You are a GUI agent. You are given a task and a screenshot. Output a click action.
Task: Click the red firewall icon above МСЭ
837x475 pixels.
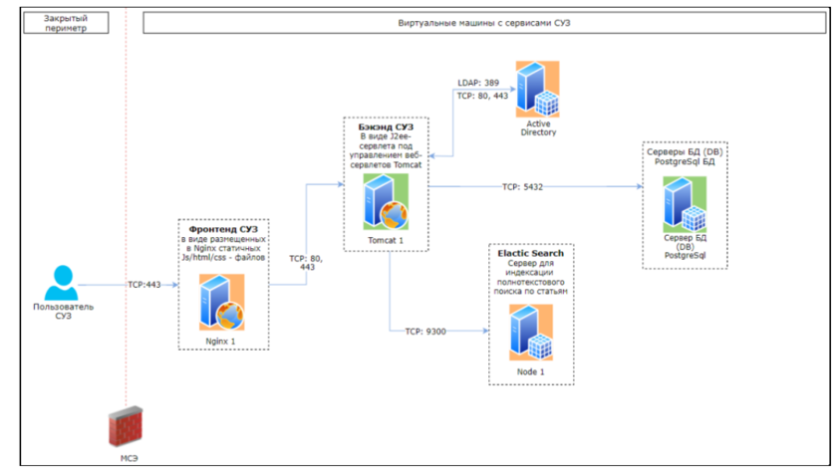point(124,426)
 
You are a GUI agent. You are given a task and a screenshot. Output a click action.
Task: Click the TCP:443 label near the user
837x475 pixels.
point(144,285)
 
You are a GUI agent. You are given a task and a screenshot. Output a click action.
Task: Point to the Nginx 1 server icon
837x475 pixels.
point(221,302)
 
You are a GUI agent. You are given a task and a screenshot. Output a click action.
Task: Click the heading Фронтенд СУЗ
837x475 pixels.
point(222,229)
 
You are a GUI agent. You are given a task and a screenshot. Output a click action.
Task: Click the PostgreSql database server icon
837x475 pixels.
point(685,205)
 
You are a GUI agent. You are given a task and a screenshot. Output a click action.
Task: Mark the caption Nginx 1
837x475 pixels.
point(221,341)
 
